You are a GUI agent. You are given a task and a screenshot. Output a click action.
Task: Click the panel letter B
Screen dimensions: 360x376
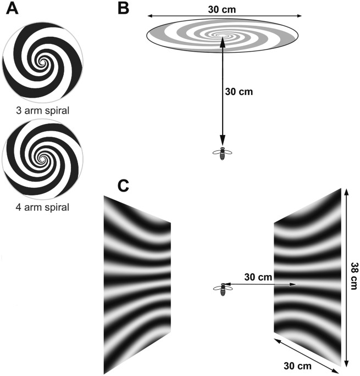(x=124, y=8)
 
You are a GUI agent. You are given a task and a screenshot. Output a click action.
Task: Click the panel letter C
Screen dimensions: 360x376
(x=124, y=186)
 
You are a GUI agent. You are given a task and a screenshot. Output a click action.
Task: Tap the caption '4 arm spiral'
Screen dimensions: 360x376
(x=43, y=207)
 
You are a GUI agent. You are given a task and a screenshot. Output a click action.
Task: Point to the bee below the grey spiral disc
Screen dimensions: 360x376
(x=223, y=153)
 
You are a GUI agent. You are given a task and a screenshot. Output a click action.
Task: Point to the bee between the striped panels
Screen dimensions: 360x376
(x=223, y=289)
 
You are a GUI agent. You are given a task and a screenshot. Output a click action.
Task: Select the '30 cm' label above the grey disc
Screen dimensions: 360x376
(x=223, y=9)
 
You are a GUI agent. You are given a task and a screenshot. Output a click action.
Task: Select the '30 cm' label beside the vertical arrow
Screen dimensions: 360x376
(x=239, y=92)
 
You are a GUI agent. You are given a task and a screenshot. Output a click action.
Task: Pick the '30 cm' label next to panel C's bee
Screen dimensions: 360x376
(x=257, y=277)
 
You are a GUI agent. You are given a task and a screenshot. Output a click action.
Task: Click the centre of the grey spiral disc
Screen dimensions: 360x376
(x=223, y=36)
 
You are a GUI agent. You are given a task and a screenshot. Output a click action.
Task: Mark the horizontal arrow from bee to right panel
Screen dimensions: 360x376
(x=261, y=284)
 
